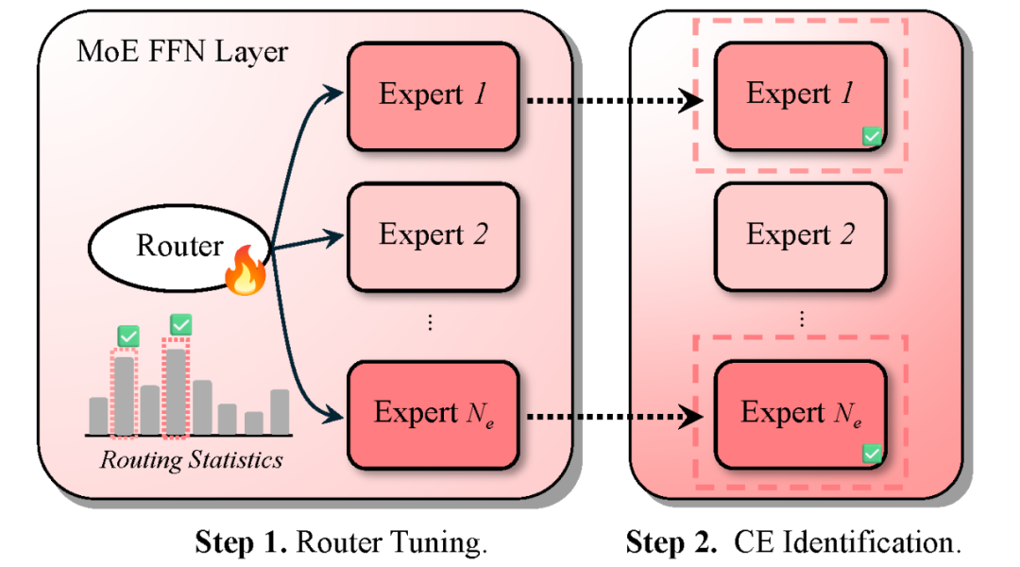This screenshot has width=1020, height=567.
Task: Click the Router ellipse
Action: tap(179, 247)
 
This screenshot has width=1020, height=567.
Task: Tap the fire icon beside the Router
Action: tap(245, 275)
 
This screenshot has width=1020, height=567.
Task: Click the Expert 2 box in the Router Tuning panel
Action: tap(433, 235)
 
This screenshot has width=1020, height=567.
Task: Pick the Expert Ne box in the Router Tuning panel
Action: tap(433, 414)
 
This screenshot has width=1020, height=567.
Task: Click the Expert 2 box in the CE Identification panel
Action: tap(800, 235)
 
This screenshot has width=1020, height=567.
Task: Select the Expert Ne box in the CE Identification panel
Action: tap(800, 414)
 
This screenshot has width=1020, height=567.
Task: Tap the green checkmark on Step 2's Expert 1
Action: tap(872, 137)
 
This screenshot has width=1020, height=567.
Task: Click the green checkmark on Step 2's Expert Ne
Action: tap(872, 455)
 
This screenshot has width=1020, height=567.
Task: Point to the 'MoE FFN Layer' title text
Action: tap(182, 51)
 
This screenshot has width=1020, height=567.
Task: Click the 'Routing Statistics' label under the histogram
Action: tap(191, 460)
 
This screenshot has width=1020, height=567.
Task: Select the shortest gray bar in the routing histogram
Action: tap(253, 422)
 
